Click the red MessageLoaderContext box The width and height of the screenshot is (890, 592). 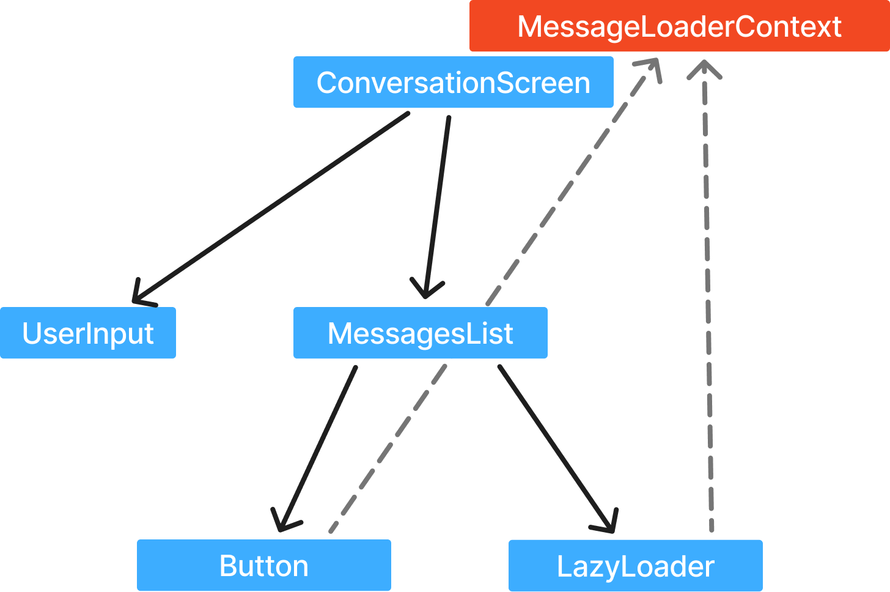pyautogui.click(x=679, y=26)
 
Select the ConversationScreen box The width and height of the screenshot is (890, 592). pyautogui.click(x=453, y=83)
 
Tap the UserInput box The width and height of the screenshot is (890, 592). pyautogui.click(x=87, y=333)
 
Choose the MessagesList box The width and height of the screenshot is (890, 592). pyautogui.click(x=420, y=333)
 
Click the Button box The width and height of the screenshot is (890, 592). pyautogui.click(x=263, y=565)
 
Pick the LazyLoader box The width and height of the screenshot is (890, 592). pyautogui.click(x=635, y=565)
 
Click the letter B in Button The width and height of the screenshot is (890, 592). pyautogui.click(x=227, y=566)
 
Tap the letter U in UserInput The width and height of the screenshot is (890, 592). pyautogui.click(x=32, y=333)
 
